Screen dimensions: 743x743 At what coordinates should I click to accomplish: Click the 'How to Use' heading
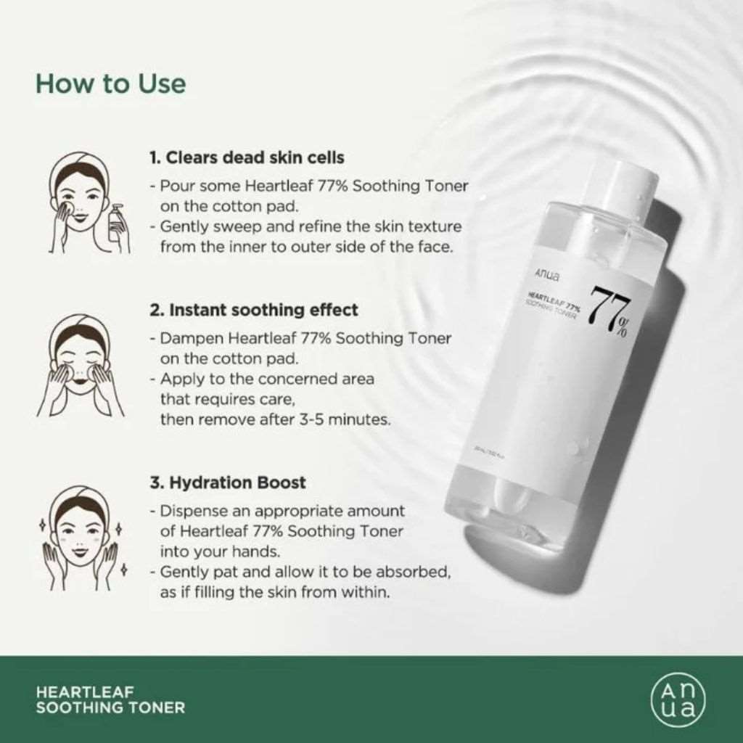click(x=110, y=83)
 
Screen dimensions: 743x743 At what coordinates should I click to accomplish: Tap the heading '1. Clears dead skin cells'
click(x=247, y=157)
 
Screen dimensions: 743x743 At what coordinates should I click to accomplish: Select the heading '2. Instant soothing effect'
click(x=254, y=310)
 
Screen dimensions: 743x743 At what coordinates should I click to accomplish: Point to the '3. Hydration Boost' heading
click(x=228, y=483)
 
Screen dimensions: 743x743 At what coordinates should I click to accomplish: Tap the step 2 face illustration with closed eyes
click(x=81, y=366)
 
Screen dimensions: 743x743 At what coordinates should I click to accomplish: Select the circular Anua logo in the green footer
click(x=678, y=699)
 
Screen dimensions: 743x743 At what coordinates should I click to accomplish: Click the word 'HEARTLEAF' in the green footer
click(x=74, y=692)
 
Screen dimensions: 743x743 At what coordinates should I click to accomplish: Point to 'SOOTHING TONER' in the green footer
click(x=110, y=707)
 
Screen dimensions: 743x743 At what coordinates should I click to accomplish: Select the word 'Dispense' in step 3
click(x=192, y=511)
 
